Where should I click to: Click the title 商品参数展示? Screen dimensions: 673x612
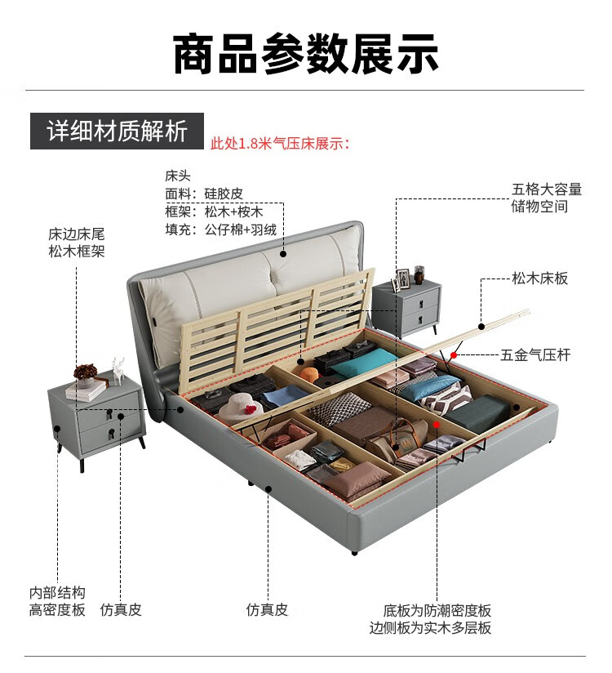(x=306, y=54)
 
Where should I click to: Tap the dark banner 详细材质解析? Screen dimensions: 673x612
(x=117, y=131)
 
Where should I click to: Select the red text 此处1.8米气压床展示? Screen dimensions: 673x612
(x=280, y=144)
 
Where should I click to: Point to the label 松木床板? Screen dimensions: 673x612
(x=540, y=279)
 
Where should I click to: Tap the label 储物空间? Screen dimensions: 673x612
(x=539, y=207)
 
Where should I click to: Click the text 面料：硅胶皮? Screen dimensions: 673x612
(x=204, y=194)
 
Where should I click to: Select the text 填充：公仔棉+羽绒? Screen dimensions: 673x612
(x=220, y=230)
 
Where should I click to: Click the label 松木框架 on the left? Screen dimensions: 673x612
(x=77, y=252)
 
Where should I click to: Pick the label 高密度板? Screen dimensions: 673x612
(x=57, y=610)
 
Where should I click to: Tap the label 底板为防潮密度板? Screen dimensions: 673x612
(x=437, y=610)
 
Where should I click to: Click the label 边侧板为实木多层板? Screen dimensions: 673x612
(x=430, y=628)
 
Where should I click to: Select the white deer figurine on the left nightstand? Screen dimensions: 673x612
(x=119, y=368)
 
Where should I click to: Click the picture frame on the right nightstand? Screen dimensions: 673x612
(x=400, y=281)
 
